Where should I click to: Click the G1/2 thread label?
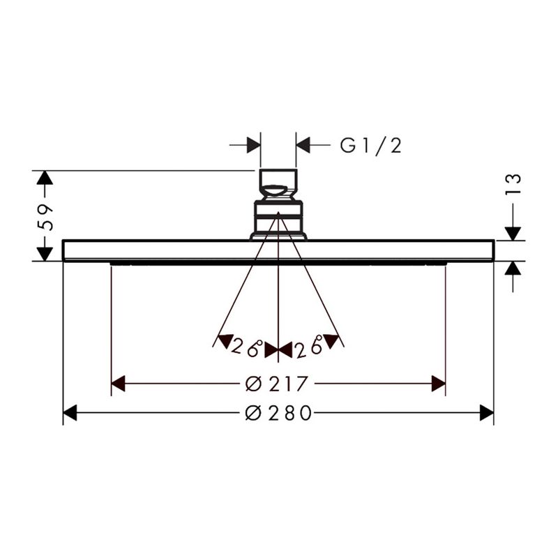[371, 145]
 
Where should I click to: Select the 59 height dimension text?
[45, 218]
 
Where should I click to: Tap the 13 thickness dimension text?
[513, 184]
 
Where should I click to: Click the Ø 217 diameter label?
[276, 384]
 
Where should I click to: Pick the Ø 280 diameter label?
[278, 413]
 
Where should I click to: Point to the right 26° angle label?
[309, 345]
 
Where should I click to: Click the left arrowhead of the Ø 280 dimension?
[70, 413]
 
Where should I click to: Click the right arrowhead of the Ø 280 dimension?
[487, 413]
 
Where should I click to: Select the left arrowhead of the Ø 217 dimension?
[118, 384]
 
